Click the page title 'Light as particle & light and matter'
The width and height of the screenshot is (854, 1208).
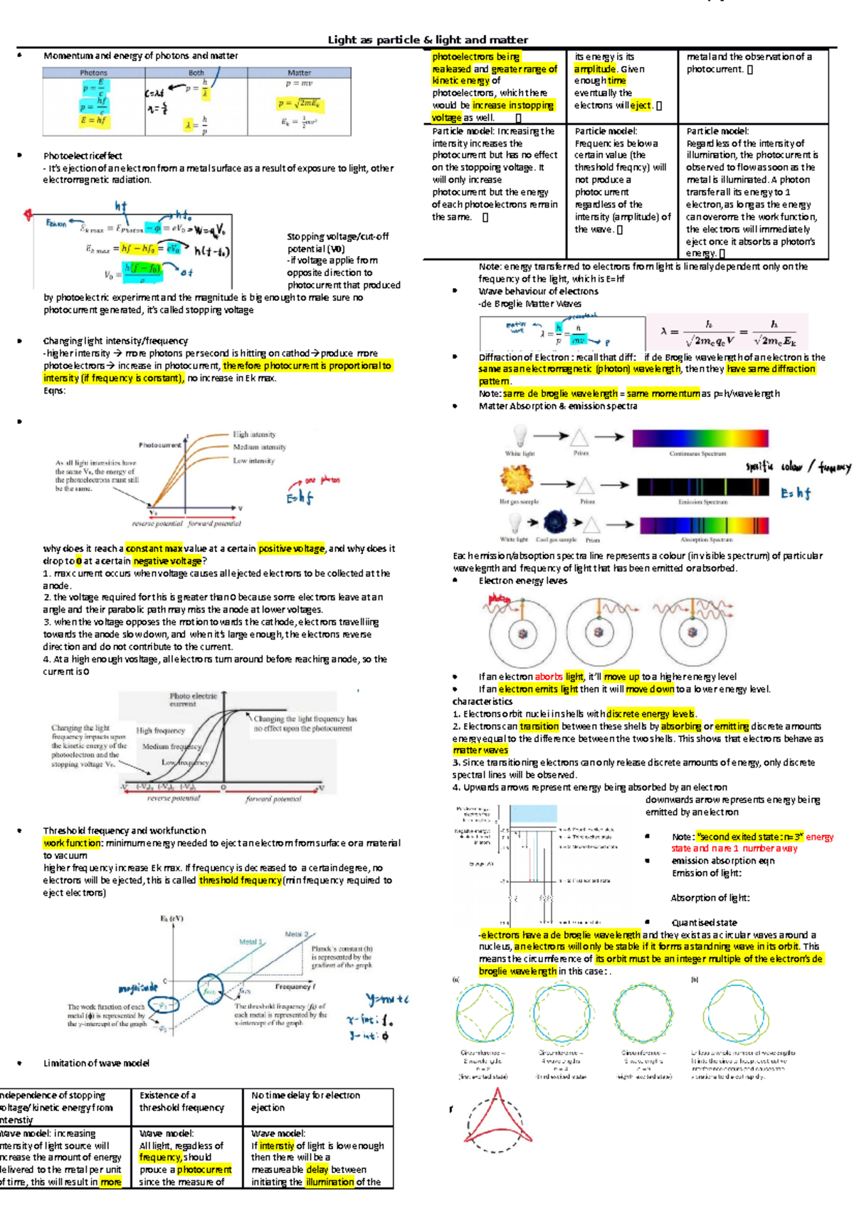pyautogui.click(x=427, y=40)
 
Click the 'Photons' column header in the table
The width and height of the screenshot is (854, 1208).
pyautogui.click(x=93, y=73)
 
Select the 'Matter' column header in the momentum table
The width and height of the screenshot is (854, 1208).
pyautogui.click(x=299, y=73)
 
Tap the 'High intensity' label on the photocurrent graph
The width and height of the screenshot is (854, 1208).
pyautogui.click(x=254, y=434)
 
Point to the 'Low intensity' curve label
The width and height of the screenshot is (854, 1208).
pyautogui.click(x=253, y=460)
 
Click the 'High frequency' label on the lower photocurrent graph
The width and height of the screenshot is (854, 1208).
pyautogui.click(x=161, y=731)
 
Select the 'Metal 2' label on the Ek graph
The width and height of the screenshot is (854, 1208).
pyautogui.click(x=297, y=933)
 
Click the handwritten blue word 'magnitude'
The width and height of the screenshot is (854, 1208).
pyautogui.click(x=137, y=988)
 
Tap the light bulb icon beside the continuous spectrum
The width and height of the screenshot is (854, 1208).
pyautogui.click(x=520, y=435)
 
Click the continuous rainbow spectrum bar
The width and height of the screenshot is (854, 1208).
pyautogui.click(x=700, y=438)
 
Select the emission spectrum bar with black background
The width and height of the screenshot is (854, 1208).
pyautogui.click(x=703, y=487)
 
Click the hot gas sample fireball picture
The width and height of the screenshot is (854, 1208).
pyautogui.click(x=517, y=480)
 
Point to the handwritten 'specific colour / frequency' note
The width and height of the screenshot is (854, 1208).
pyautogui.click(x=797, y=467)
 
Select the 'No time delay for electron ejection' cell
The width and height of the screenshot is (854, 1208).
pyautogui.click(x=306, y=1101)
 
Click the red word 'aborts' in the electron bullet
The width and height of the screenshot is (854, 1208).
pyautogui.click(x=548, y=677)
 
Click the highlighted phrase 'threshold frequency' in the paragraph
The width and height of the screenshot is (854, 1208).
pyautogui.click(x=241, y=880)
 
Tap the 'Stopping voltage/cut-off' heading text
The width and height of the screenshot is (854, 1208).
pyautogui.click(x=337, y=236)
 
